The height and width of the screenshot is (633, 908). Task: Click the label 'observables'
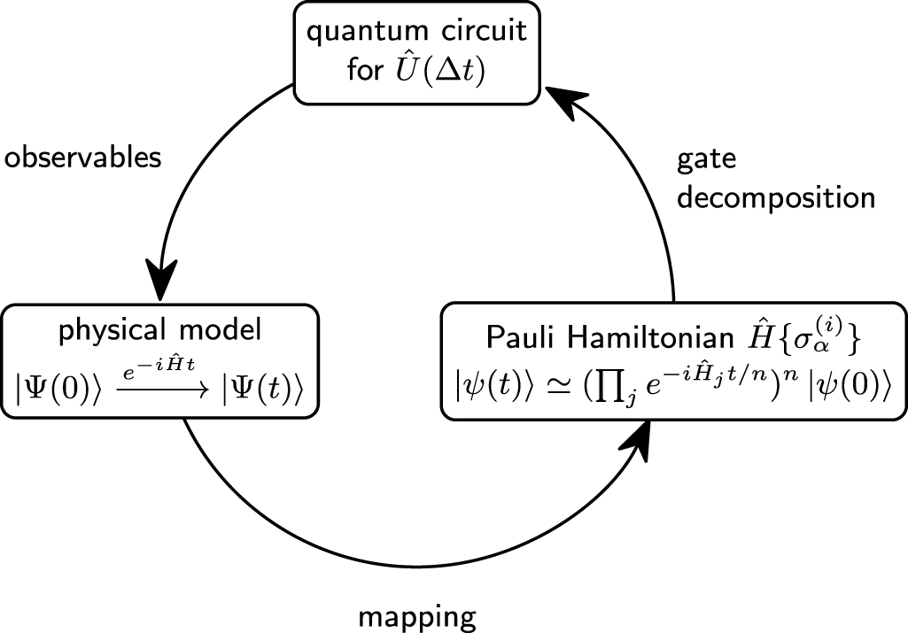(x=83, y=158)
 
